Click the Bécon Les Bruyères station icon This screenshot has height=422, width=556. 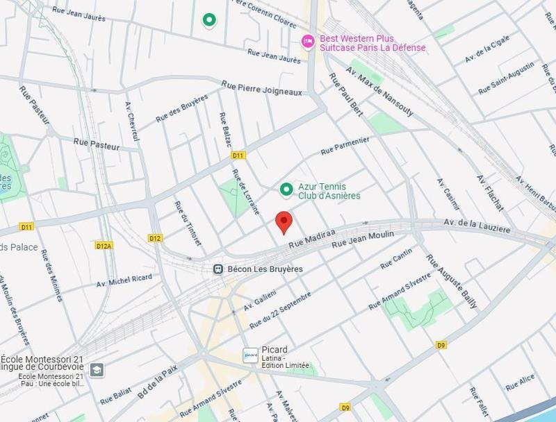218,269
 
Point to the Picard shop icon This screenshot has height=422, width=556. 250,355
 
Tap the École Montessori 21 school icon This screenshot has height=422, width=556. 97,369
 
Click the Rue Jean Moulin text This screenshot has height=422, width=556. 363,239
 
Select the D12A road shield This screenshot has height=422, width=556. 104,245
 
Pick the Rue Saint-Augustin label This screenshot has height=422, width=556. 506,79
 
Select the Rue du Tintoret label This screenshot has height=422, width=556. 183,222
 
